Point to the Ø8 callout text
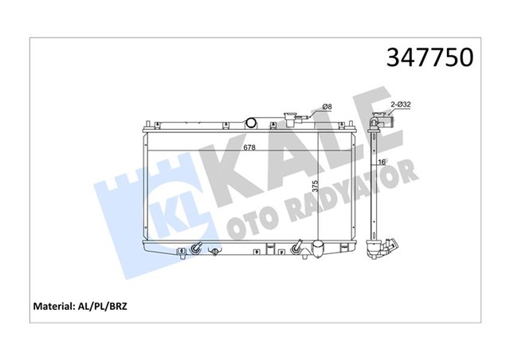pos(326,108)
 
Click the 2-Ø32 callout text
pos(401,104)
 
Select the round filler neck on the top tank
pos(253,124)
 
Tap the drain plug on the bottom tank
pos(216,252)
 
